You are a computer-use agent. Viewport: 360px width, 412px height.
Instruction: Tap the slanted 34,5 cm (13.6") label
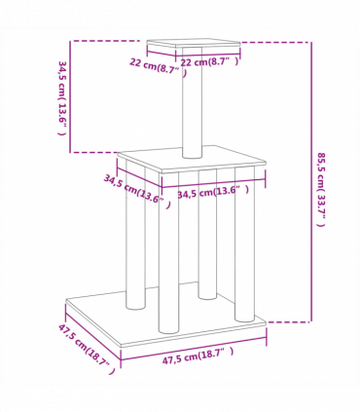tap(136, 192)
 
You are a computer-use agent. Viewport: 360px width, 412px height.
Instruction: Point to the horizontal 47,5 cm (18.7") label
tap(198, 356)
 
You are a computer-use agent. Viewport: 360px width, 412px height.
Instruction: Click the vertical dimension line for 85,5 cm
tap(310, 185)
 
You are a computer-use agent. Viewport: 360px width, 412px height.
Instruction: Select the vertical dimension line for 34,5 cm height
tap(70, 97)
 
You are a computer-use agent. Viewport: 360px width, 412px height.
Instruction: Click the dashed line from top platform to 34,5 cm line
tap(107, 42)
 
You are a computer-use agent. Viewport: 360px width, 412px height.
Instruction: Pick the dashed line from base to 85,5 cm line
tap(287, 320)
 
